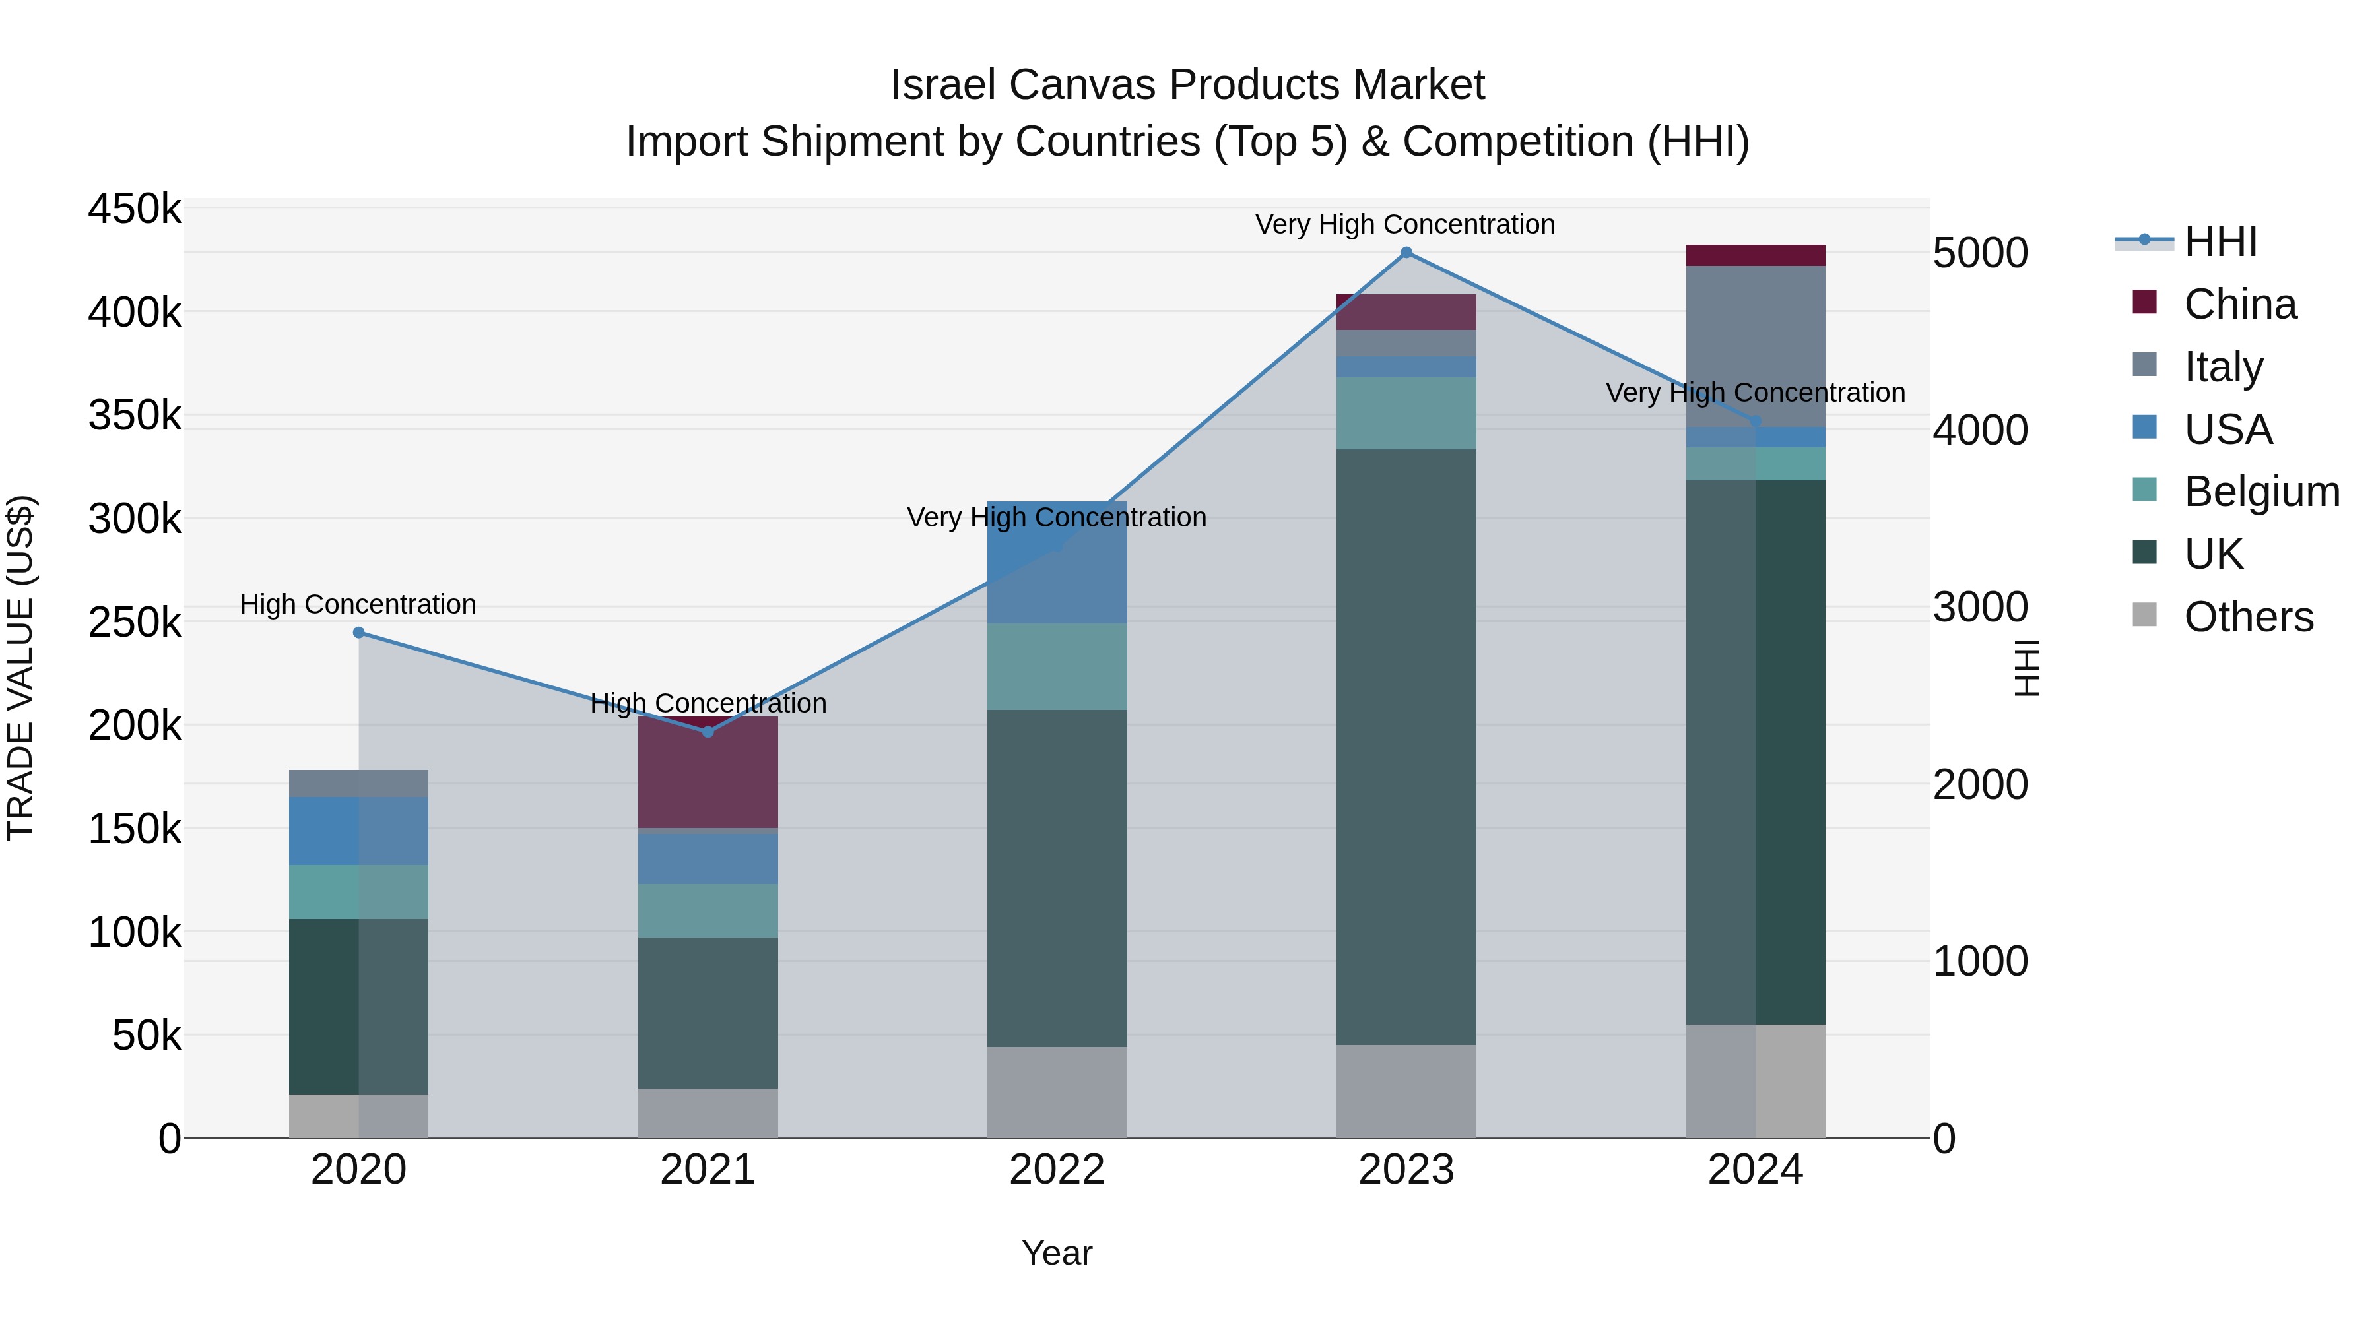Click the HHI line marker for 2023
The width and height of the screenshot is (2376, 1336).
coord(1406,253)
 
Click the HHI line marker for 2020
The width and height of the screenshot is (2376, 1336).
coord(359,633)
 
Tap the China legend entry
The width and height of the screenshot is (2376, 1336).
coord(2239,304)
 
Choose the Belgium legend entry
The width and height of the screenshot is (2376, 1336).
coord(2260,492)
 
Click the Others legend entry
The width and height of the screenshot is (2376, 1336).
coord(2248,617)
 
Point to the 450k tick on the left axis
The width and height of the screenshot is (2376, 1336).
coord(135,209)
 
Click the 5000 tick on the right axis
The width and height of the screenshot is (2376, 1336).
coord(1980,253)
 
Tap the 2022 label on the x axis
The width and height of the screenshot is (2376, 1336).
coord(1057,1170)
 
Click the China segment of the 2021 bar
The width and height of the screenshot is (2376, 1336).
coord(708,773)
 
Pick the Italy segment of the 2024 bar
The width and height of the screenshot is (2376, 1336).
coord(1755,346)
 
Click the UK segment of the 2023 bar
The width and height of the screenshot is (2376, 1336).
coord(1406,747)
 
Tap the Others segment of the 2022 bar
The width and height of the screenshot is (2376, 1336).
coord(1057,1092)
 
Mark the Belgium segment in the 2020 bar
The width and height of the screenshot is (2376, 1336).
coord(359,891)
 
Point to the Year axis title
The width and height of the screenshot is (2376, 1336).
coord(1057,1253)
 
